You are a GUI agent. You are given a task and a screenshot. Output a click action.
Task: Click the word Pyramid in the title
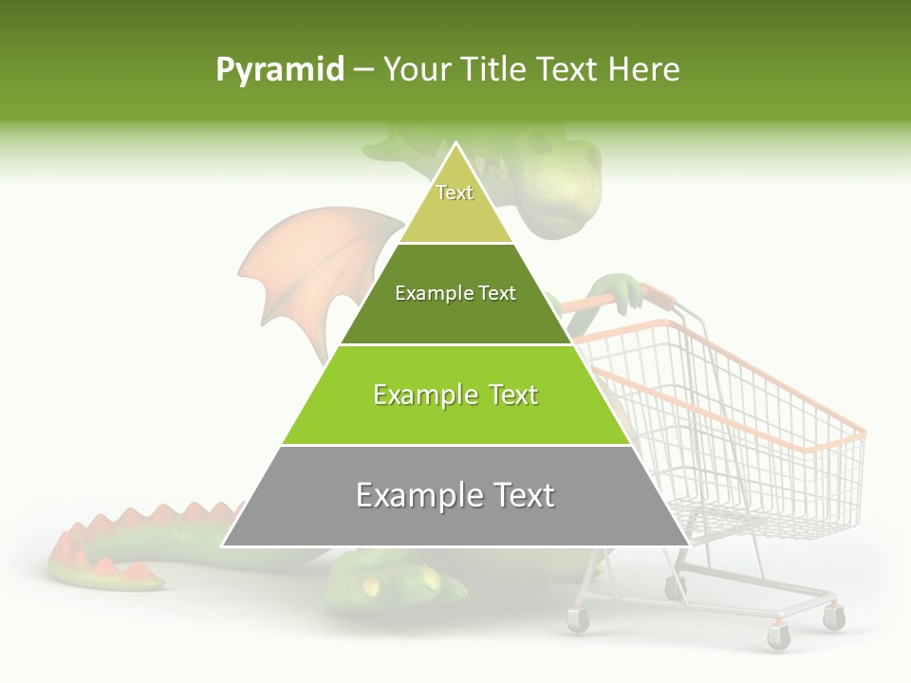coord(279,70)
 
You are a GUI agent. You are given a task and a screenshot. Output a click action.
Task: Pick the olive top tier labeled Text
coord(455,204)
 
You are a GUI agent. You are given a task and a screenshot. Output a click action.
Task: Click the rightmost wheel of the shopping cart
coord(833,618)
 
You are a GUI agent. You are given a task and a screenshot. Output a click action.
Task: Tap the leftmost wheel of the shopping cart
coord(577,620)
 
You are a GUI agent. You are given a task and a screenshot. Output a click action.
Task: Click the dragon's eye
coord(541,145)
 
